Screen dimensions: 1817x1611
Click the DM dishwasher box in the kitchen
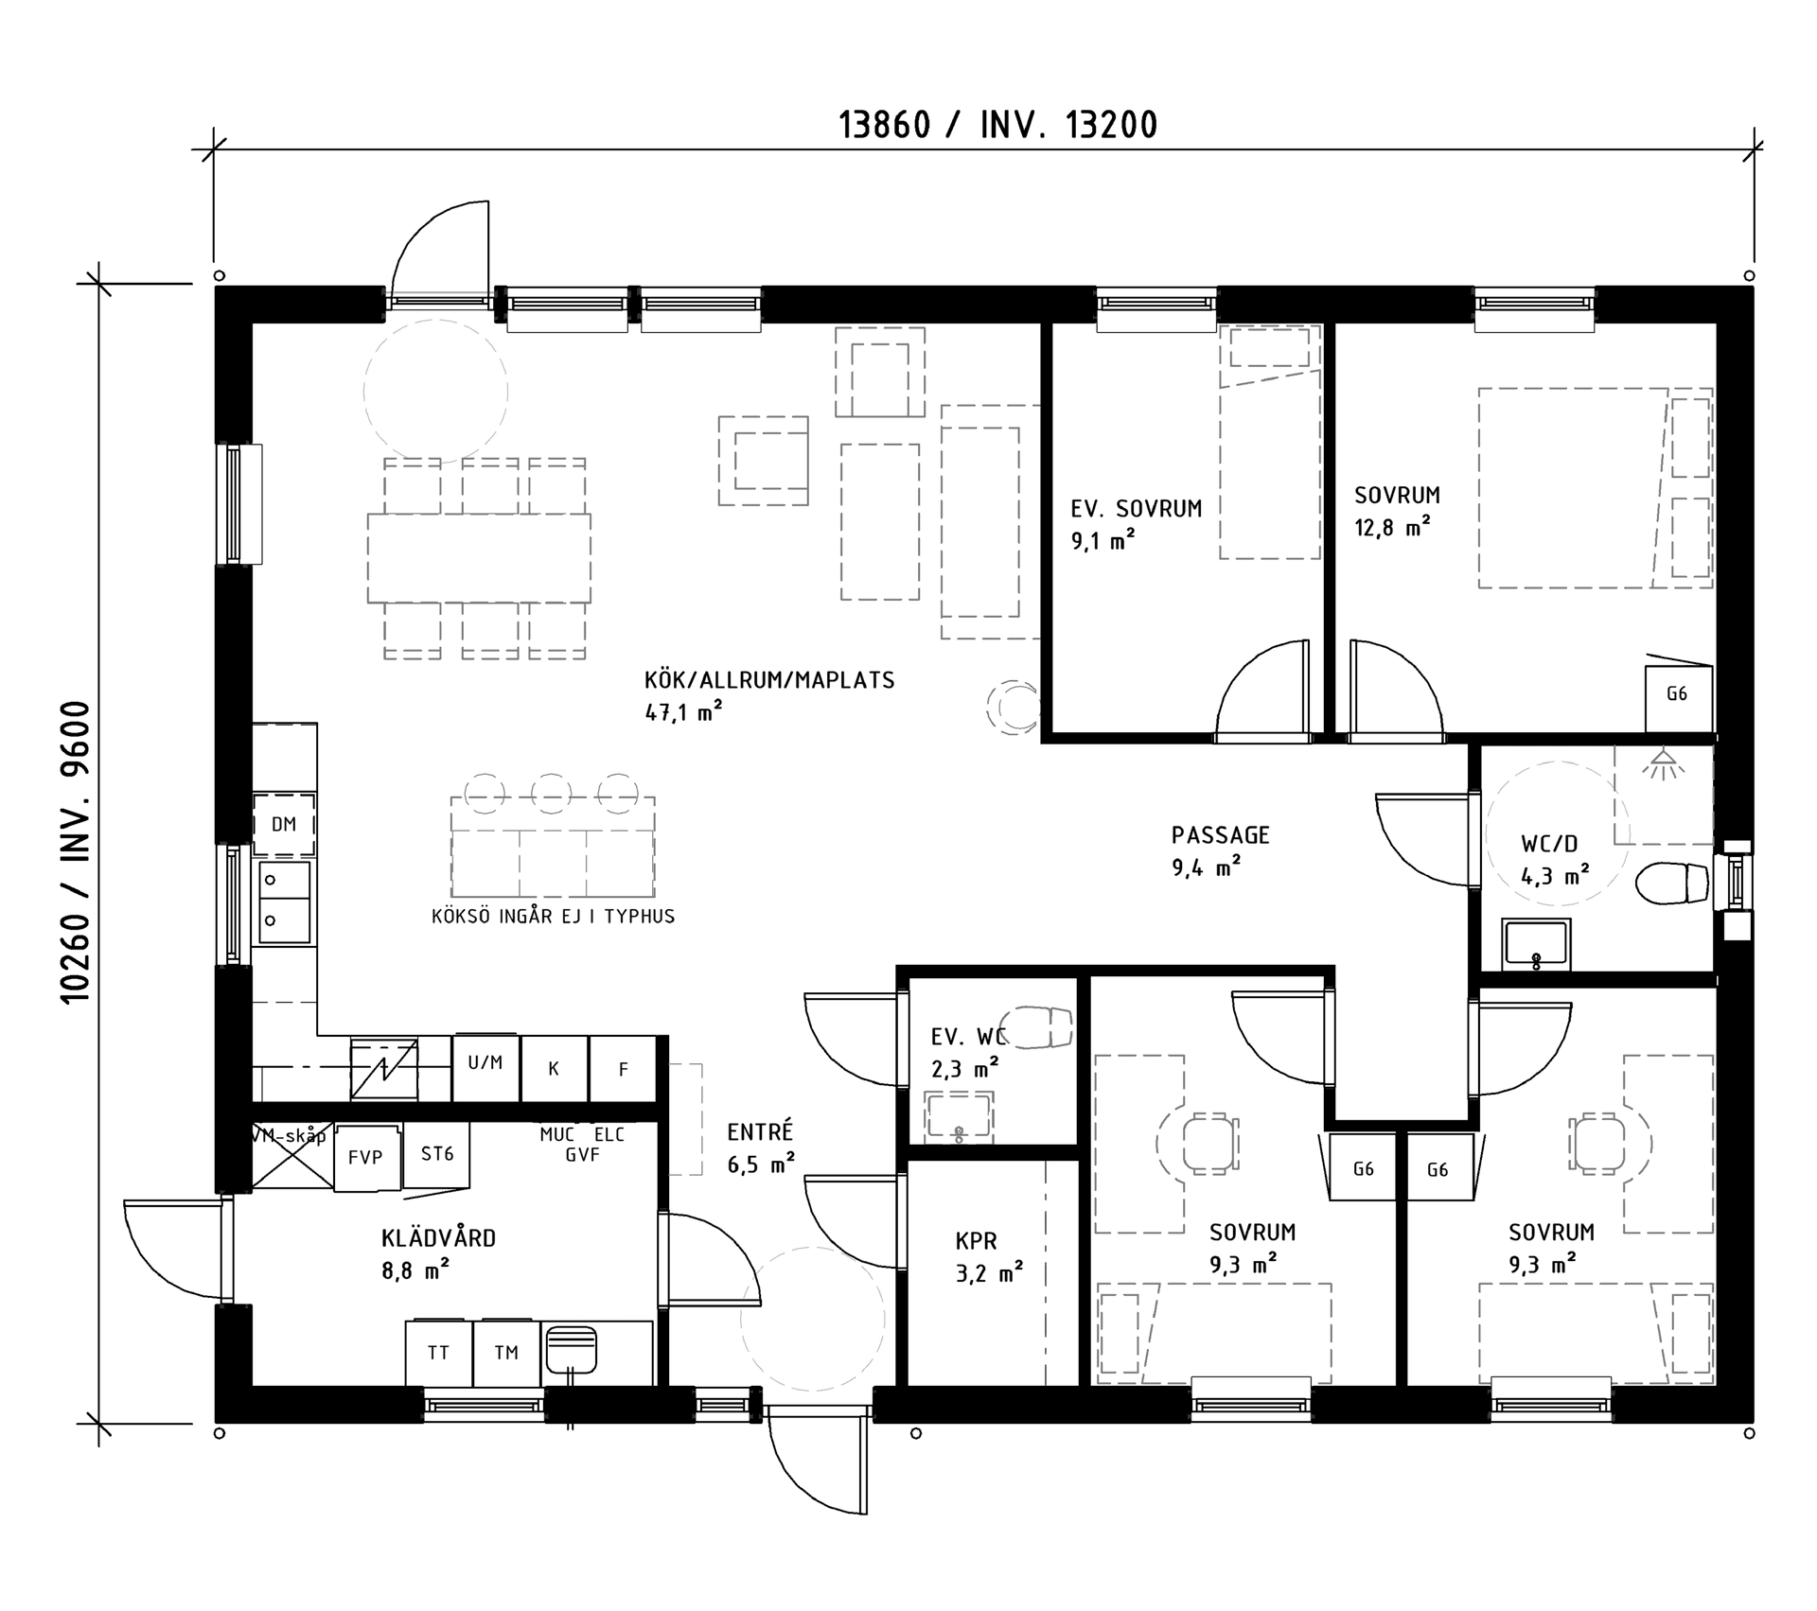point(284,825)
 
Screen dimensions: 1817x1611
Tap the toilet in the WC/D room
point(1673,884)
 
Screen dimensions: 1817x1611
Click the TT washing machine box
point(438,1353)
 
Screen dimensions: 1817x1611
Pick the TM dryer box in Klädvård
point(506,1353)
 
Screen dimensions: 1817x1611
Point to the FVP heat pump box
point(367,1157)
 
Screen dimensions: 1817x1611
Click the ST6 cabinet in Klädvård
point(437,1154)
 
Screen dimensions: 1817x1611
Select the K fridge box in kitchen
point(555,1069)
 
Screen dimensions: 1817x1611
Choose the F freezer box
point(623,1069)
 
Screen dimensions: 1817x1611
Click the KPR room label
point(976,1241)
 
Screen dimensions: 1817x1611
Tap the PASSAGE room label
point(1220,835)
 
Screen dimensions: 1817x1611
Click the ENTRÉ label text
point(760,1131)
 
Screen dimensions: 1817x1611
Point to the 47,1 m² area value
point(683,710)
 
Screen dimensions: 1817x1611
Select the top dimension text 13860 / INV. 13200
point(998,125)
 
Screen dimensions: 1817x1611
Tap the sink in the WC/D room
point(1536,944)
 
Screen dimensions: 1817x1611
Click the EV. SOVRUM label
point(1136,509)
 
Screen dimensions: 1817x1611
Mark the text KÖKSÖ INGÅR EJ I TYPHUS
point(553,916)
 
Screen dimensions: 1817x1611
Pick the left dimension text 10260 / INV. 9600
point(75,852)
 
